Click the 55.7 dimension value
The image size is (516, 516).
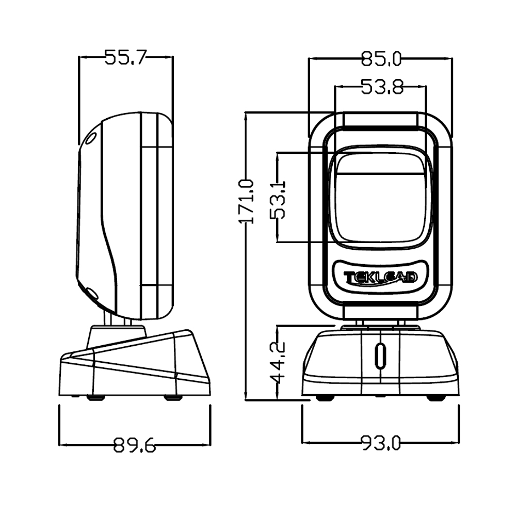[126, 57]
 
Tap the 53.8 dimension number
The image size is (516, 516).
[381, 87]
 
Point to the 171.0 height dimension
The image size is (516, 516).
[247, 201]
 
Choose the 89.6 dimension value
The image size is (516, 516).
[134, 445]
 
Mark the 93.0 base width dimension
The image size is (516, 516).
[380, 443]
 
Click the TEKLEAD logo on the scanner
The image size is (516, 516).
[380, 278]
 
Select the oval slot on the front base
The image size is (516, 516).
[380, 355]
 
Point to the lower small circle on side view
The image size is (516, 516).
[92, 293]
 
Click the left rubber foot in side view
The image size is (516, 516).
[94, 397]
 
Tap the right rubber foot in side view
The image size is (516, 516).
[171, 397]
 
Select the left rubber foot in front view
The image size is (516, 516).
[324, 398]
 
